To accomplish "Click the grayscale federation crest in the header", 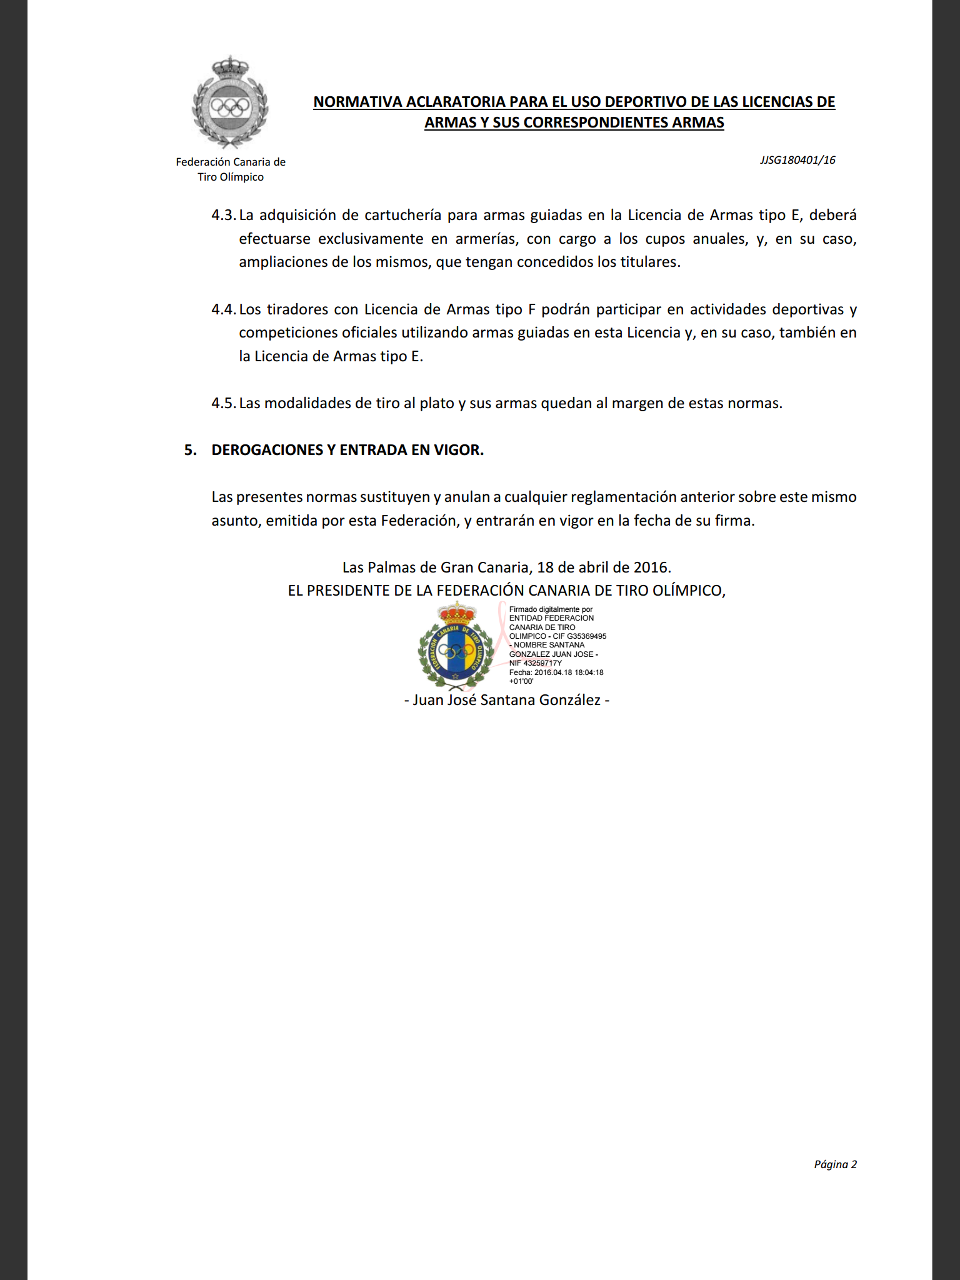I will point(230,102).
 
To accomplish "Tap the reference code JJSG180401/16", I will point(797,160).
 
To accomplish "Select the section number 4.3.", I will point(223,216).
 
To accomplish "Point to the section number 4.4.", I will point(223,309).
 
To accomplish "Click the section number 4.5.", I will point(223,403).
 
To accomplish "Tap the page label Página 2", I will point(835,1164).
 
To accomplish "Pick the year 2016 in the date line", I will point(651,567).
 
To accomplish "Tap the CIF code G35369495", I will point(586,636).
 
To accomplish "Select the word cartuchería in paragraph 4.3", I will point(402,216).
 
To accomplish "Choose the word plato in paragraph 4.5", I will point(436,403).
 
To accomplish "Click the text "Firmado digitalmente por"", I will point(551,609).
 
